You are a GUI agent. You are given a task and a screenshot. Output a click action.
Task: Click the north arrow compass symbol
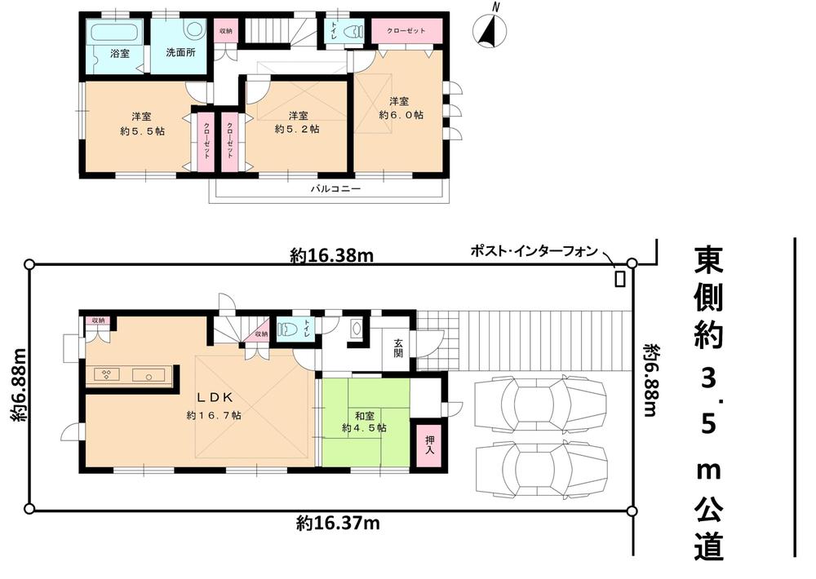[490, 33]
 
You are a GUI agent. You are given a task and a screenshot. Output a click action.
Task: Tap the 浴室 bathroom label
[120, 53]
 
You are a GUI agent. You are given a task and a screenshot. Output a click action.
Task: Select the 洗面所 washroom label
[181, 53]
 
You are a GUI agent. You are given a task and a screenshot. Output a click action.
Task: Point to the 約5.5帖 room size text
[144, 130]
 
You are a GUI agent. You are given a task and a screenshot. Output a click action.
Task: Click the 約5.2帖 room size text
[297, 129]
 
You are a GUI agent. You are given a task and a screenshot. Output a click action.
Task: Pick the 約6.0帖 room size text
[401, 116]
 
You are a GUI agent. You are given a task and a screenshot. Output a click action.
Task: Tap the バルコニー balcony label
[335, 188]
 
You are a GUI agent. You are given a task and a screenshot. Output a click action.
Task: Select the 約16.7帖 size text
[213, 415]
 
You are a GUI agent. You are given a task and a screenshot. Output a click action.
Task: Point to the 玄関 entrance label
[398, 349]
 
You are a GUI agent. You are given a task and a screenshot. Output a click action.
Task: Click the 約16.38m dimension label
[331, 256]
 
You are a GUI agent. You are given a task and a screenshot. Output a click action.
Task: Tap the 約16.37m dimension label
[337, 523]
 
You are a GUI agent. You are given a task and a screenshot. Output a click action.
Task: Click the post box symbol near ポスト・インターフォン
[620, 278]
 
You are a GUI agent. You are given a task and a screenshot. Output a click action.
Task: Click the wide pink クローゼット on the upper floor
[406, 31]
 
